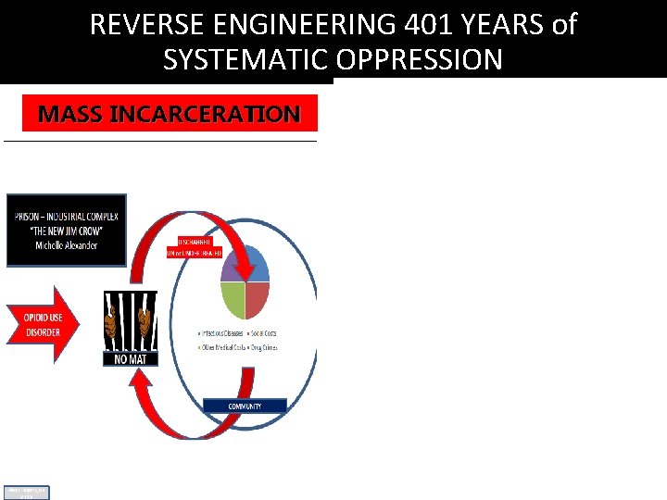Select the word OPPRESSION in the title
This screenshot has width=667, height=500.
click(422, 59)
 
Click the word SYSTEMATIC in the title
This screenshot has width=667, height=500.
click(242, 59)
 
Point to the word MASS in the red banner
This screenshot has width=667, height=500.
click(70, 115)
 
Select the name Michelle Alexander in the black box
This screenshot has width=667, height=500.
click(66, 245)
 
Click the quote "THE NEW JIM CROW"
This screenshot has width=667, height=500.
click(66, 231)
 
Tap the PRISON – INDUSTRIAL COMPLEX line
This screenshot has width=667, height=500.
click(66, 218)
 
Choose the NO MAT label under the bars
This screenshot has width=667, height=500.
click(130, 358)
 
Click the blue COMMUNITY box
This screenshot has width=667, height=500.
click(245, 406)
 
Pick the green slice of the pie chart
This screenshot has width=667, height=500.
click(233, 300)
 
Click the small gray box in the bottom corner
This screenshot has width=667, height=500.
click(26, 493)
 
